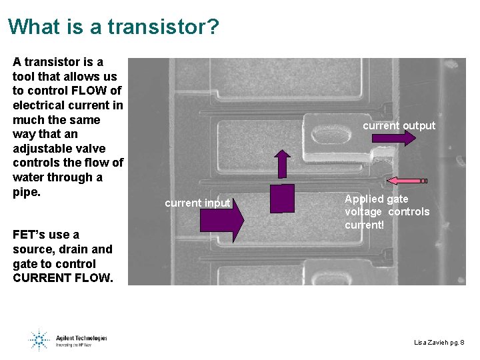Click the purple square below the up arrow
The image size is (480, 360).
282,198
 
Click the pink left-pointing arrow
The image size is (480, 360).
407,181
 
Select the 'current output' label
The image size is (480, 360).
399,125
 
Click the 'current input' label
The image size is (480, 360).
197,203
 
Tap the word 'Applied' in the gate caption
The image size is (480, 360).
364,199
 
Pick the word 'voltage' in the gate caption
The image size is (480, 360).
364,211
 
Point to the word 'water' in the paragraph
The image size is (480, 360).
29,177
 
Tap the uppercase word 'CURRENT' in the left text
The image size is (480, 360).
41,278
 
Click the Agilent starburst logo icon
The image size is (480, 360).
38,339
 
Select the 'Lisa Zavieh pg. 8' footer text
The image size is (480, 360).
439,342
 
